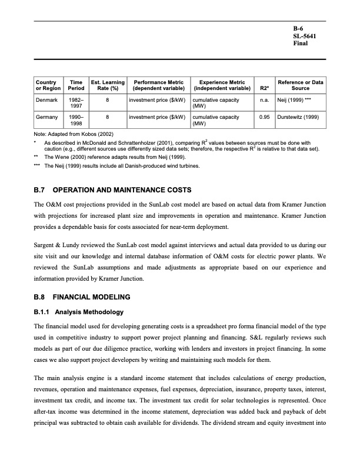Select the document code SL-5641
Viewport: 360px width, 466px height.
304,36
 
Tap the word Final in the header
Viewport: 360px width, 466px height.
301,44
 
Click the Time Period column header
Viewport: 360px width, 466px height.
76,86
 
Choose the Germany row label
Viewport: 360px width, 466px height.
47,117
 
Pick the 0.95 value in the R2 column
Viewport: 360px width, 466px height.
265,117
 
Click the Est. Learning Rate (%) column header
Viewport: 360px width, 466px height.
107,86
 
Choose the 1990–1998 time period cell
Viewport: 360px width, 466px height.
76,121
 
